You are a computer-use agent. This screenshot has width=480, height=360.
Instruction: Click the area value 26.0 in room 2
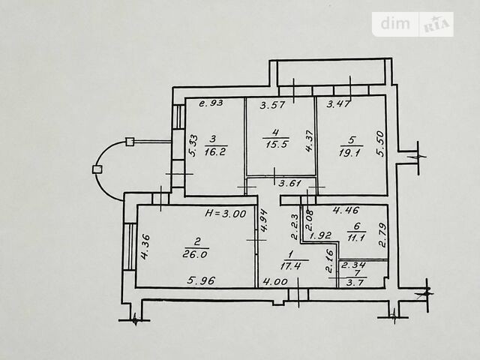pyautogui.click(x=195, y=254)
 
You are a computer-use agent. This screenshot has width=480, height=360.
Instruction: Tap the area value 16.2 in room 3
pyautogui.click(x=215, y=151)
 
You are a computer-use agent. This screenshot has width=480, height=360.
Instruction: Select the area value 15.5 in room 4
pyautogui.click(x=275, y=144)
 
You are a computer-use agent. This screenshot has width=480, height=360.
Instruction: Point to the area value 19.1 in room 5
pyautogui.click(x=350, y=151)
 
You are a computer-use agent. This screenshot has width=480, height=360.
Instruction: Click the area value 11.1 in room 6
pyautogui.click(x=355, y=237)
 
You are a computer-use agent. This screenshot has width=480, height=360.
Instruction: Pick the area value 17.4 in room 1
pyautogui.click(x=290, y=265)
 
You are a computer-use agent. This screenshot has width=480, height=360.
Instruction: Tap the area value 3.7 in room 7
pyautogui.click(x=355, y=282)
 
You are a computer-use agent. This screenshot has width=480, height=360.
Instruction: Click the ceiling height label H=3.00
pyautogui.click(x=225, y=213)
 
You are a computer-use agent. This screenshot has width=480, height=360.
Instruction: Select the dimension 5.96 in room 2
pyautogui.click(x=202, y=280)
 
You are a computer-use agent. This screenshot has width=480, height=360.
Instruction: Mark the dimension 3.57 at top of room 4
pyautogui.click(x=272, y=105)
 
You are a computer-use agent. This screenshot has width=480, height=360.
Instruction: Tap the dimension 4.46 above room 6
pyautogui.click(x=346, y=210)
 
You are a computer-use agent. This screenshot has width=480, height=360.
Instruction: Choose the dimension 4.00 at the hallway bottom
pyautogui.click(x=275, y=281)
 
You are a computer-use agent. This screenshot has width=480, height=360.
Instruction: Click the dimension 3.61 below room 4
pyautogui.click(x=290, y=183)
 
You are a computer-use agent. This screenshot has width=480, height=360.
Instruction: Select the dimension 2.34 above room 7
pyautogui.click(x=353, y=265)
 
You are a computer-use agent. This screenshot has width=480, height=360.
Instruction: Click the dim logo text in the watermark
pyautogui.click(x=395, y=23)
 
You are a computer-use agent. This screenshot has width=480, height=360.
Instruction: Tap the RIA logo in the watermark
pyautogui.click(x=436, y=25)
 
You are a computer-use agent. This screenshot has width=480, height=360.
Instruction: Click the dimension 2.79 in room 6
pyautogui.click(x=382, y=235)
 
